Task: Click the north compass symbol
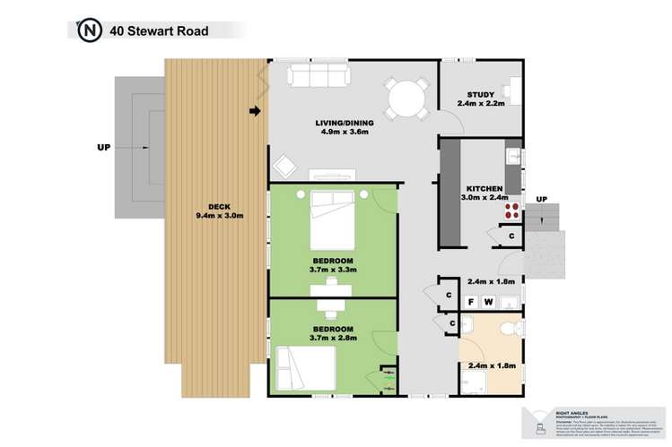click(x=89, y=31)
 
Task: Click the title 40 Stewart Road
click(x=159, y=31)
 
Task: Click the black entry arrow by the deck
click(x=256, y=112)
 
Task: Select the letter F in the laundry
click(x=470, y=302)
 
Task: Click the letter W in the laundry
click(x=489, y=302)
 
